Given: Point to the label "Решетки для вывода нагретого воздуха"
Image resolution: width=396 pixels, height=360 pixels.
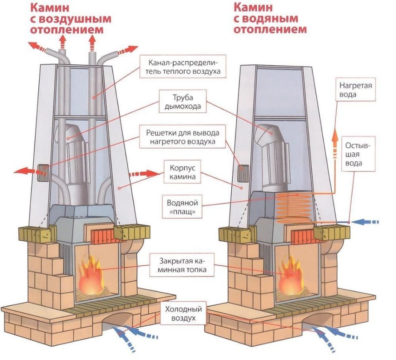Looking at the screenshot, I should point(182,136).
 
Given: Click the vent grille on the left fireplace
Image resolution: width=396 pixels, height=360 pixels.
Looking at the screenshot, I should point(43,172).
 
